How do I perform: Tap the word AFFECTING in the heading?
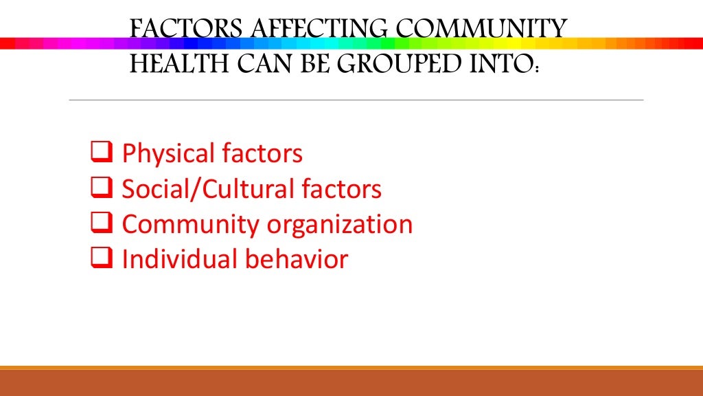(303, 30)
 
